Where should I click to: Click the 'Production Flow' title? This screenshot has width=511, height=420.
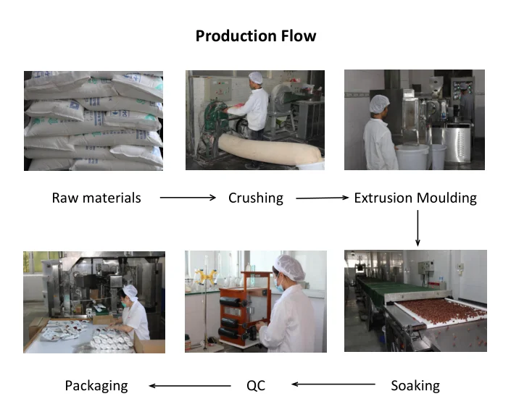256,35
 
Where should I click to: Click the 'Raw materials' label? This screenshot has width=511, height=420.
96,198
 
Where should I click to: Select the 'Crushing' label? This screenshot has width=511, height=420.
255,198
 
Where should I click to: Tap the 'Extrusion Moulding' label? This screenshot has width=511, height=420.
415,198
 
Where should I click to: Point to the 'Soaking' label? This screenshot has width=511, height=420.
415,385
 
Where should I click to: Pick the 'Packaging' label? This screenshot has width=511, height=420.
96,385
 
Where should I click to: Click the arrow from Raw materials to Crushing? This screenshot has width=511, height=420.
188,197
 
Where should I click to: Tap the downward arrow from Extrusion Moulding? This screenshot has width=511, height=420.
417,227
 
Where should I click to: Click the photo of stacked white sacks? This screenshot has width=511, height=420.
94,120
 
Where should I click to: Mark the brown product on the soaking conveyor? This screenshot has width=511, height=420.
435,312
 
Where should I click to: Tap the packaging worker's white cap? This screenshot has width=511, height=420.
130,290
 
